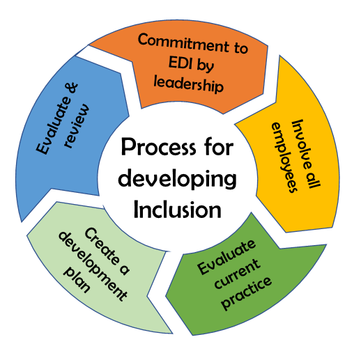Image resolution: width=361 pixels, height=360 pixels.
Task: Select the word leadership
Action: [x=189, y=84]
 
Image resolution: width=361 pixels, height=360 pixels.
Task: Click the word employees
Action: [x=284, y=157]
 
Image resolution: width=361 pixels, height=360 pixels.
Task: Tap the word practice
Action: [x=247, y=293]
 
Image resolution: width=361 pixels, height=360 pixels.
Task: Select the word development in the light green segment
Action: [x=93, y=266]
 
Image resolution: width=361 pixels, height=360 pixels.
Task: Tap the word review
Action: [x=77, y=125]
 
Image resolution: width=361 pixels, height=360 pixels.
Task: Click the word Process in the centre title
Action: [x=158, y=147]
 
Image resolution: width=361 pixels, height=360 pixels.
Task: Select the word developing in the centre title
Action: [x=177, y=179]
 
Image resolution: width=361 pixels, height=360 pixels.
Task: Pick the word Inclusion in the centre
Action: [x=177, y=210]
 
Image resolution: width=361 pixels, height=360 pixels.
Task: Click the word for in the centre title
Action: [x=219, y=146]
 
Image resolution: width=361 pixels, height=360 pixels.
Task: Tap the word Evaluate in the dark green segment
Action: [x=226, y=257]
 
